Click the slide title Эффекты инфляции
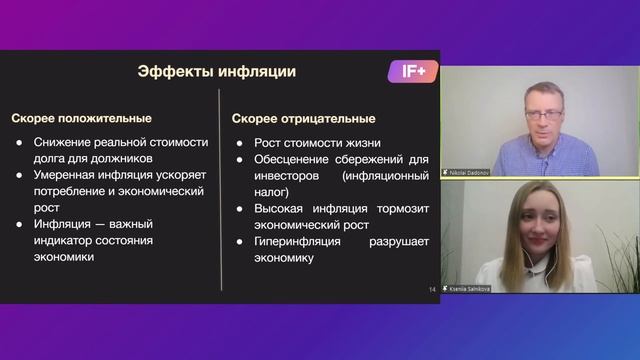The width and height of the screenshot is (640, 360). (216, 72)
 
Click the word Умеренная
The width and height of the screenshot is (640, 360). (66, 175)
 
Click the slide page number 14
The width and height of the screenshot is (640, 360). (432, 291)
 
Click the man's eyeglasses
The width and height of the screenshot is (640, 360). (542, 115)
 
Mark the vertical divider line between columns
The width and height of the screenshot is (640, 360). (221, 190)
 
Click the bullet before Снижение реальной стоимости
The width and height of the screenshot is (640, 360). (19, 142)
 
